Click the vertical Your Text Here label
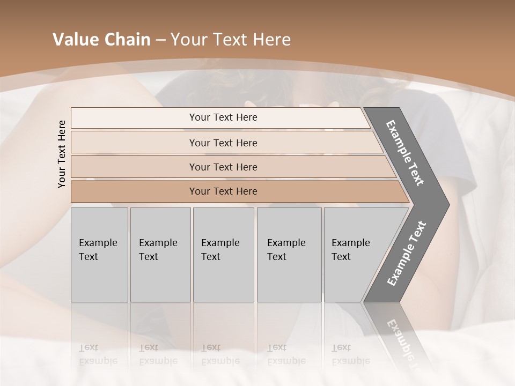62,154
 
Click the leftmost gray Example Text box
99,255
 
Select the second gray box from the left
160,255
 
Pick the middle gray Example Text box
223,255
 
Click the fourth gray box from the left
289,255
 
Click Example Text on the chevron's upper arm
405,153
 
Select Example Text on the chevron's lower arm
406,254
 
